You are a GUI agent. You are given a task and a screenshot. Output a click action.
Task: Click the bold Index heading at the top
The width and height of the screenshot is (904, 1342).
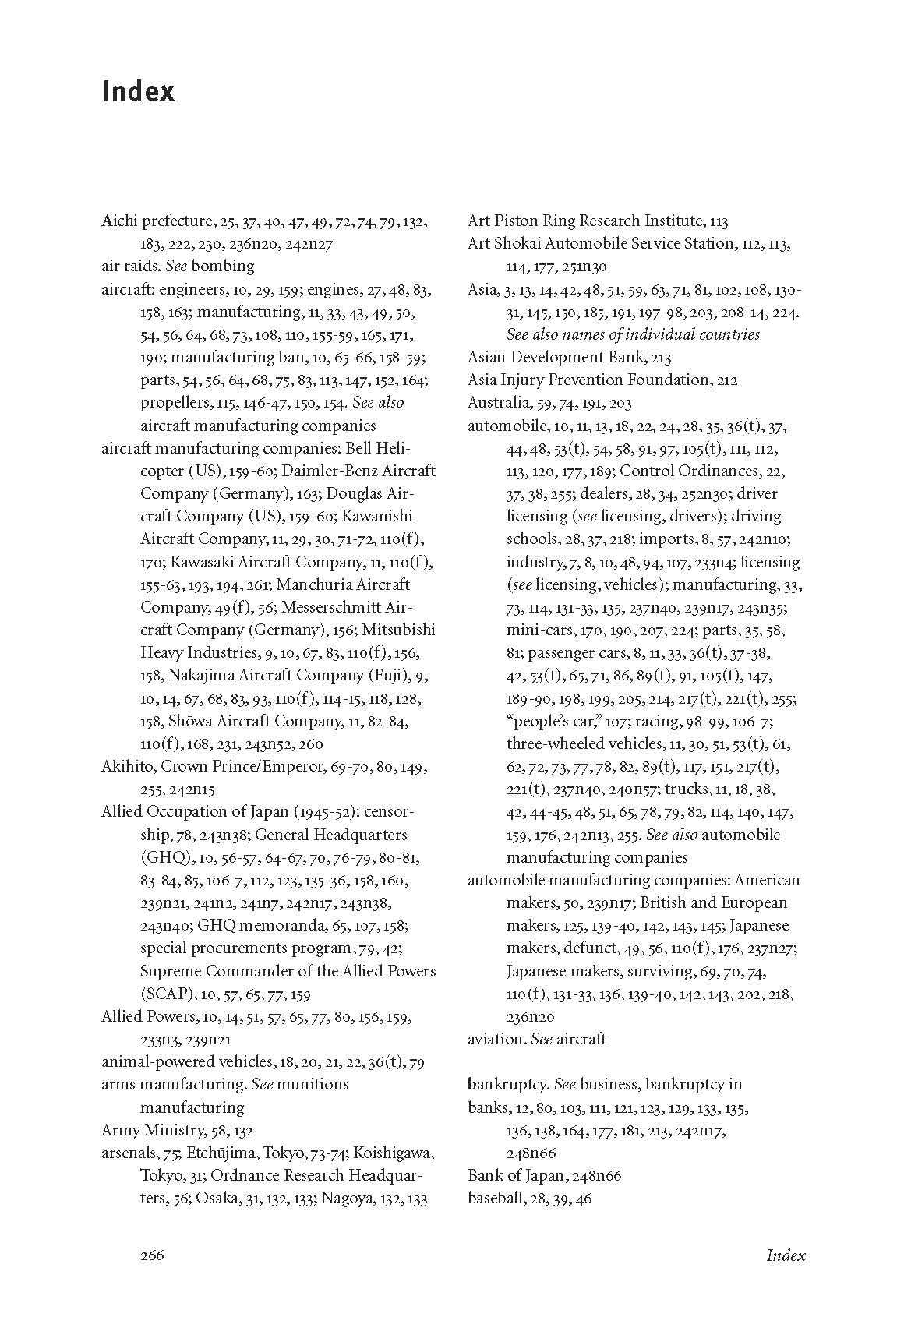point(138,92)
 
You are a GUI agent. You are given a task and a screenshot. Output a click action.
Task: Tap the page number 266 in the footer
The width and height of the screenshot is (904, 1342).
point(152,1255)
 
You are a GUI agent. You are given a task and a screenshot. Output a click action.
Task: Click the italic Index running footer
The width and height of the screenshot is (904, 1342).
point(786,1255)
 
